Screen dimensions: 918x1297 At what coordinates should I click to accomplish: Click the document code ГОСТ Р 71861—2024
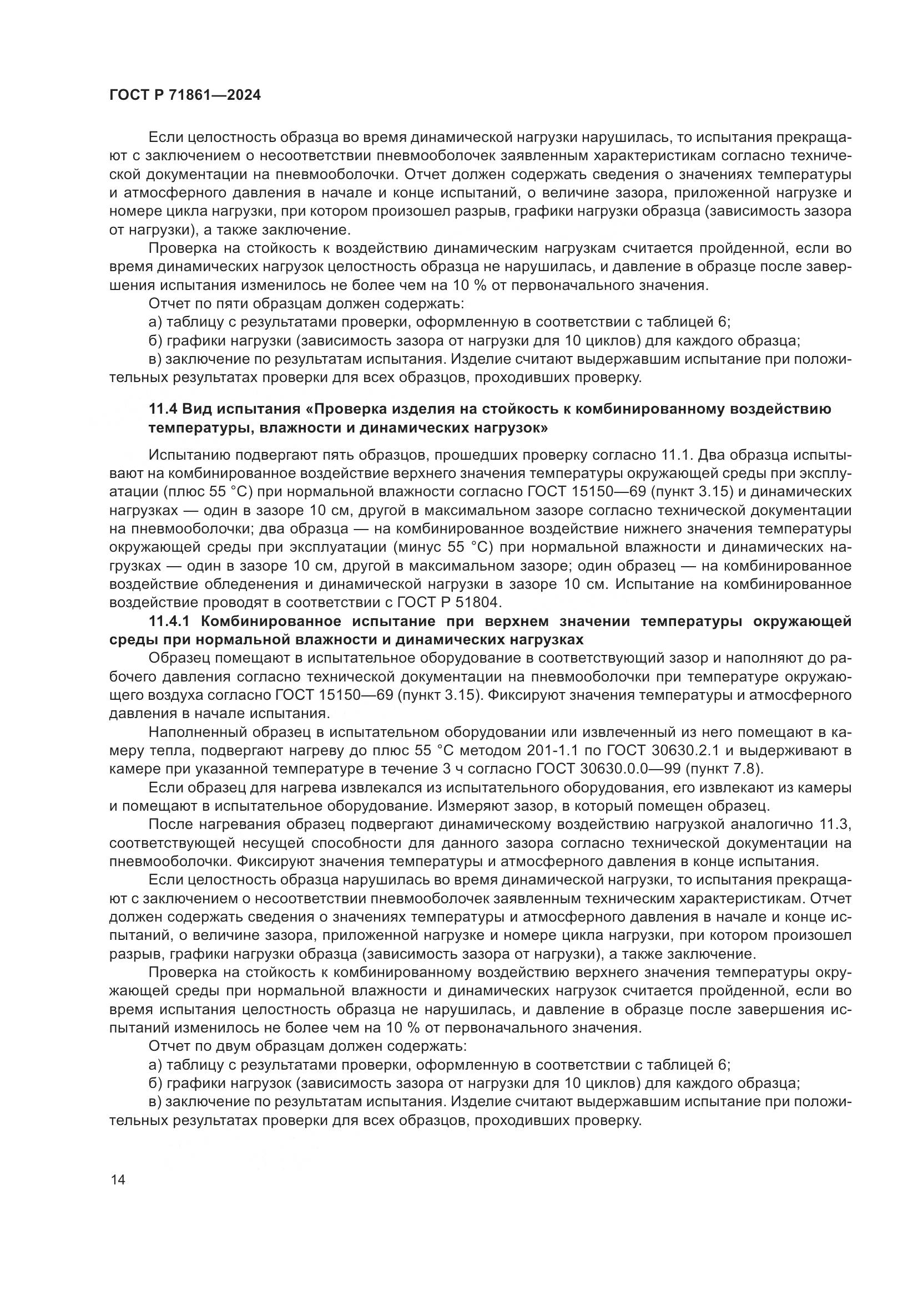(x=185, y=95)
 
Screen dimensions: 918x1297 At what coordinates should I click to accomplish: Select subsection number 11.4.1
(x=171, y=622)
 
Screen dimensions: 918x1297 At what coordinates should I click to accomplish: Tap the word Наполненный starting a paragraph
(x=192, y=733)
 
